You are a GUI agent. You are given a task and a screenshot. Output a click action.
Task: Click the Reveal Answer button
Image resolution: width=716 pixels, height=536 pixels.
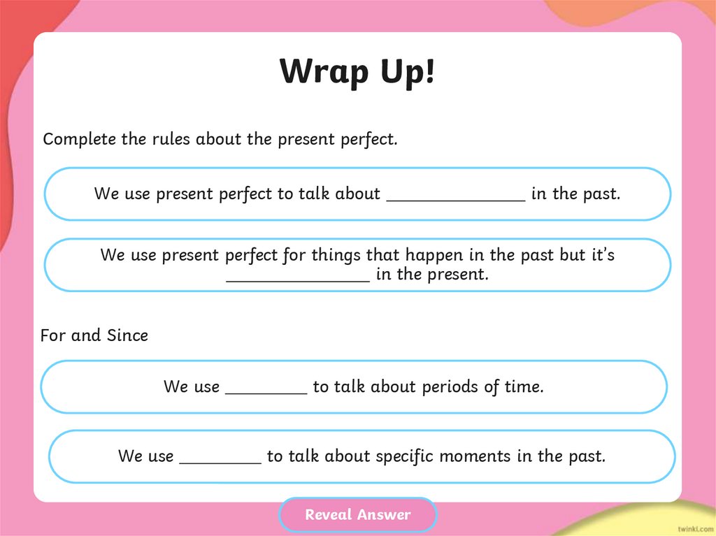coord(357,515)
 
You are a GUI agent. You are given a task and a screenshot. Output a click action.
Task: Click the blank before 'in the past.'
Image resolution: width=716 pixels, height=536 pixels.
coord(455,196)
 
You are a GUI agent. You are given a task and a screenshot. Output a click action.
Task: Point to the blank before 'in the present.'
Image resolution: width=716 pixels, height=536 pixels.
coord(298,277)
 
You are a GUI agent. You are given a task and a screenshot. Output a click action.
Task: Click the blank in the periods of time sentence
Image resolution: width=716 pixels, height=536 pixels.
coord(266,389)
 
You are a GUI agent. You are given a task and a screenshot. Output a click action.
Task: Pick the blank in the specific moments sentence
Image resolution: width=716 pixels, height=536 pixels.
coord(220,458)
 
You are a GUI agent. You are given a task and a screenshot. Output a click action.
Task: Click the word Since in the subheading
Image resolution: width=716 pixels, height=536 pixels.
coord(127,335)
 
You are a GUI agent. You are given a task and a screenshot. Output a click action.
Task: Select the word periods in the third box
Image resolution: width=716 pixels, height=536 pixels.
coord(451,386)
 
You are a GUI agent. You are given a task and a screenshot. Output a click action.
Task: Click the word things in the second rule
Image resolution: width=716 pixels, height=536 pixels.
coord(336,255)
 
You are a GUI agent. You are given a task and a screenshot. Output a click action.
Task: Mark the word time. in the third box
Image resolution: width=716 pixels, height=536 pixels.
coord(524,386)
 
